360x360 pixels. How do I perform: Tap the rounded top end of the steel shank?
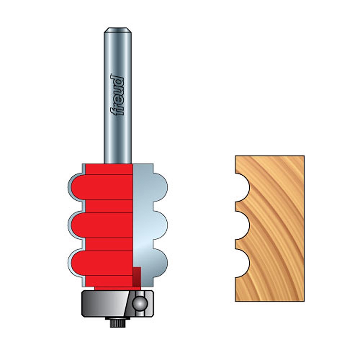click(118, 30)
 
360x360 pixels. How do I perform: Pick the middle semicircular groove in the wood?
click(243, 225)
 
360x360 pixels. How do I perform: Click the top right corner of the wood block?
click(303, 157)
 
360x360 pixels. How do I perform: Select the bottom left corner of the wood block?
click(236, 300)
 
